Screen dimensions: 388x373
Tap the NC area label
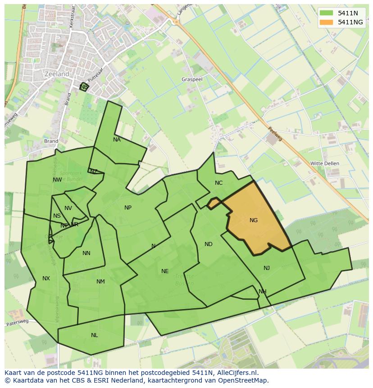tap(218, 183)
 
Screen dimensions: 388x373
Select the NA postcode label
tap(117, 140)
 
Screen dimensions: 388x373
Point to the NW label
tap(57, 180)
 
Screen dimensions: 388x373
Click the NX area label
tap(46, 278)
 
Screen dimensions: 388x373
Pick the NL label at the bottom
tap(94, 335)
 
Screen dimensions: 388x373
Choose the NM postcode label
tap(100, 282)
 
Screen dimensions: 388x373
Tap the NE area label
tap(165, 271)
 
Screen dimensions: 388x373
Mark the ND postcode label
tap(208, 244)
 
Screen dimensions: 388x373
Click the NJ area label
tap(267, 268)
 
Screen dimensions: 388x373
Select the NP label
tap(128, 208)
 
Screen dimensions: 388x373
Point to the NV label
tap(68, 208)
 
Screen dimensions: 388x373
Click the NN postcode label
tap(86, 253)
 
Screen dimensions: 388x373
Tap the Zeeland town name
tap(57, 74)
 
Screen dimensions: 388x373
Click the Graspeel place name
tap(191, 79)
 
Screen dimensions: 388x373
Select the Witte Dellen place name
tap(325, 163)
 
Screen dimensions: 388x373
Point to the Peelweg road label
tap(275, 132)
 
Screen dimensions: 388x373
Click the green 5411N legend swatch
tap(326, 14)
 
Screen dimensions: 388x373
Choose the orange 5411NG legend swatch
tap(326, 22)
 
